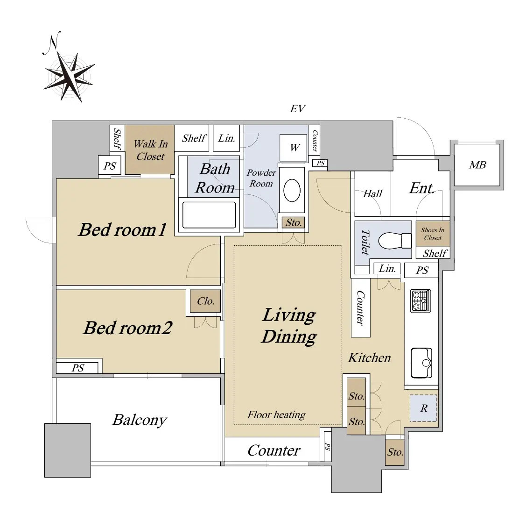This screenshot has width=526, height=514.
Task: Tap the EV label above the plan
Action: (297, 109)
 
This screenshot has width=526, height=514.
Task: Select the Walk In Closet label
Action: (150, 150)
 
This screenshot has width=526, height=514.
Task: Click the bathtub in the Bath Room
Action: (209, 215)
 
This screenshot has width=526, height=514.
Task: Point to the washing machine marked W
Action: (294, 148)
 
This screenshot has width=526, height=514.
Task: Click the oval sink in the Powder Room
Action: (292, 191)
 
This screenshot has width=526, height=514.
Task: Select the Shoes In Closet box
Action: (433, 234)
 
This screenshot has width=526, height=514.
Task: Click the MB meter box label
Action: (477, 165)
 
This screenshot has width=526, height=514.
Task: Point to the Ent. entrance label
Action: (422, 188)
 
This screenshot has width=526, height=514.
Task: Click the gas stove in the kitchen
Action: (421, 301)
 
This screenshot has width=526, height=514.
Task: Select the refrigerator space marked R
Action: (423, 408)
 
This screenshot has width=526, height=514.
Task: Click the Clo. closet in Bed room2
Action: (205, 301)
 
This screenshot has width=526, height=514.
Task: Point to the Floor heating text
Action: (277, 414)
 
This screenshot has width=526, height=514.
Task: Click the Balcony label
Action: (140, 420)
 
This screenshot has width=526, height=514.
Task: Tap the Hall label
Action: (372, 193)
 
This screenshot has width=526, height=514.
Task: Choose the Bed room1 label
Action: (123, 229)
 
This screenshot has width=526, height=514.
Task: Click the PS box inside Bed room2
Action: (78, 368)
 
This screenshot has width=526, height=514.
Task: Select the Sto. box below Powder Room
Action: (294, 222)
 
